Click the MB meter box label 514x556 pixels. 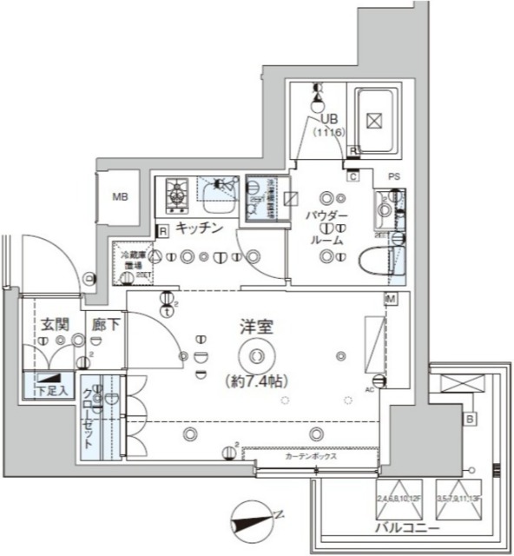point(119,196)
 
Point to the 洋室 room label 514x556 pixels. point(257,328)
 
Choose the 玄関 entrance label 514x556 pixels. point(53,324)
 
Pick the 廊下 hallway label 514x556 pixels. point(105,325)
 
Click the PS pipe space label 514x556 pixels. point(393,177)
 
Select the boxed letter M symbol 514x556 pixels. point(392,299)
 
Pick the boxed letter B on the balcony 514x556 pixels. point(470,420)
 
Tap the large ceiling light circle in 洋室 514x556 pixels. point(255,354)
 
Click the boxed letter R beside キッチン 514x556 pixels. point(162,230)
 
